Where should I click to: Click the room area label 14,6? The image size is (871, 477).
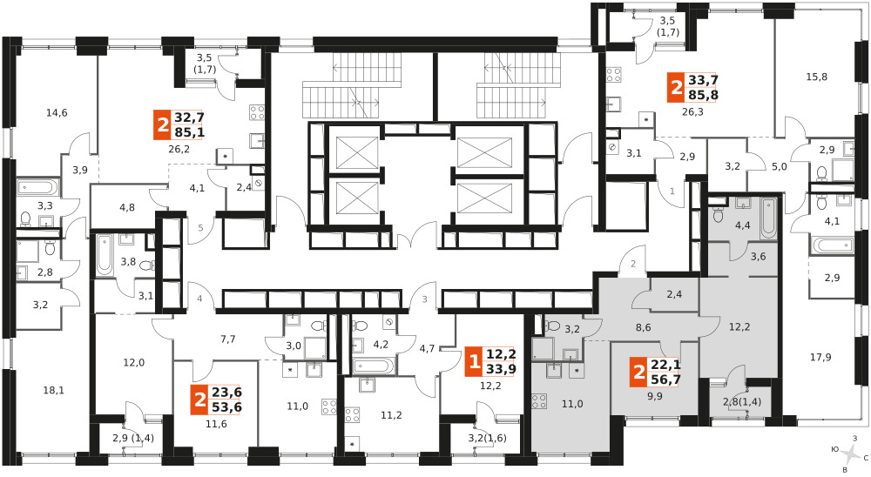click(x=57, y=113)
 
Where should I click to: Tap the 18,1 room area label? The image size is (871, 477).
click(x=53, y=390)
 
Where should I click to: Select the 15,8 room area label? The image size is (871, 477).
click(x=817, y=77)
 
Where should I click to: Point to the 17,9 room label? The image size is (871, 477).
click(x=820, y=357)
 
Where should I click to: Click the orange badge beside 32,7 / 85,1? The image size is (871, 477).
click(x=162, y=125)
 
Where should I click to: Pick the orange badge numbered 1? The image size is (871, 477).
click(x=475, y=362)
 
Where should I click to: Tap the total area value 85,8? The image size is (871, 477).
click(x=703, y=95)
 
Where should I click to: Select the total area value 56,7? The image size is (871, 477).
click(x=666, y=380)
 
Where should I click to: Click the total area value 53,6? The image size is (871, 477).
click(x=226, y=407)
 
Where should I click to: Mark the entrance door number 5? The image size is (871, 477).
click(x=201, y=228)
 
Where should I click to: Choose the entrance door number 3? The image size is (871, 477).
click(x=425, y=299)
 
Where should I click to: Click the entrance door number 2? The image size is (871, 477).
click(x=632, y=265)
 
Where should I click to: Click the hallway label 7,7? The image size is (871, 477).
click(x=228, y=339)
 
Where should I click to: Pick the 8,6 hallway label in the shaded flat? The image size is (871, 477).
click(x=644, y=327)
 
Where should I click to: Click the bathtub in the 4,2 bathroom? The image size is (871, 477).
click(x=374, y=366)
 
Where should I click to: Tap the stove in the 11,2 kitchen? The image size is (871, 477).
click(x=352, y=415)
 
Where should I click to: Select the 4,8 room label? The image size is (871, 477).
click(x=127, y=208)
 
